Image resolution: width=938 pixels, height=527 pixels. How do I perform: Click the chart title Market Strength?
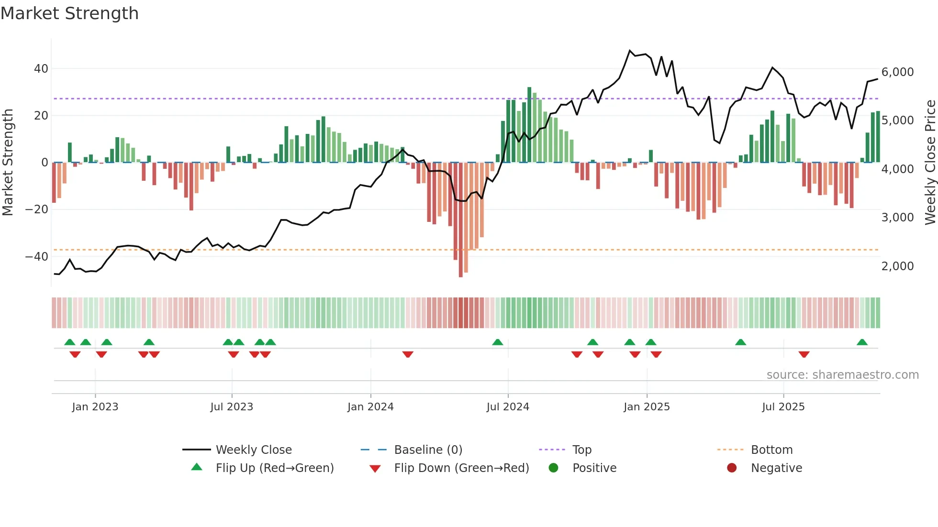pos(69,13)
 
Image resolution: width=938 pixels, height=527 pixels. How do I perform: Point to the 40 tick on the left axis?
pos(41,69)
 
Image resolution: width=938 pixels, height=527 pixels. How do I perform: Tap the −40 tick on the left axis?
pos(37,256)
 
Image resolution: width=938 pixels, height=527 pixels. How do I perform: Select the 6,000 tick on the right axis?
pos(897,72)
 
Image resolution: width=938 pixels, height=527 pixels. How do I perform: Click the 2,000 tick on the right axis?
pos(897,266)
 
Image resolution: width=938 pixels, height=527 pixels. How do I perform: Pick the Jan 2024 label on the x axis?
pos(370,407)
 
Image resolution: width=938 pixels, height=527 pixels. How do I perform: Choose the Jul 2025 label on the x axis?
pos(783,407)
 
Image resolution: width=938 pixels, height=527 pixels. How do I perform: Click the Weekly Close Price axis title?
pos(930,163)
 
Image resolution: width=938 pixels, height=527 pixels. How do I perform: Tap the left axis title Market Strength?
pos(8,163)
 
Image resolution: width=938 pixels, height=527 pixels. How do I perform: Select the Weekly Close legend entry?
pos(254,450)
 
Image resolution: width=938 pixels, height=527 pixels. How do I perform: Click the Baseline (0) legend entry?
pos(428,450)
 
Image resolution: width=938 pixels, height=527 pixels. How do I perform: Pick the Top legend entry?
pos(582,450)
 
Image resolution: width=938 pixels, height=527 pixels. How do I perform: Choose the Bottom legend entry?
pos(771,450)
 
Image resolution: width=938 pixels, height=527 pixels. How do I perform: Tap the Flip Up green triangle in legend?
pos(197,467)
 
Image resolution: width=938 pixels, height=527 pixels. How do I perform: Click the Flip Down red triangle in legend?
pos(375,469)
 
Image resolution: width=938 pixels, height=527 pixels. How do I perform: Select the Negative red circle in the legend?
pos(732,468)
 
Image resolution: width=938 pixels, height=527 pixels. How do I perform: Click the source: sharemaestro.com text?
pos(842,375)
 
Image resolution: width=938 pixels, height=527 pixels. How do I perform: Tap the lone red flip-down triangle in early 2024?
pos(408,354)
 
